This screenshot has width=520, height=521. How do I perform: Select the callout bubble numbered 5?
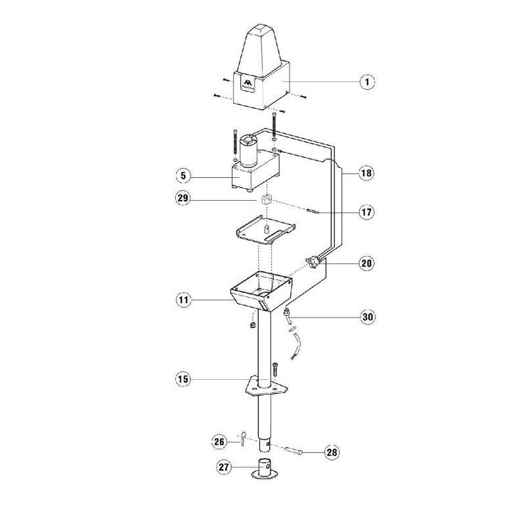tap(184, 175)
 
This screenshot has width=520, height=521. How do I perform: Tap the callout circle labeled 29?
tap(184, 198)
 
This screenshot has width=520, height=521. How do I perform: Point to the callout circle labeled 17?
tap(366, 212)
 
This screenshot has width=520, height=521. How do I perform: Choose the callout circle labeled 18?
tap(366, 173)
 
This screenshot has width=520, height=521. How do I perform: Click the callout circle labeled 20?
tap(366, 264)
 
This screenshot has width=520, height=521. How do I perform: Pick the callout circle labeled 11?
tap(184, 301)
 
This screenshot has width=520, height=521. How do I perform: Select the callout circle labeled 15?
tap(184, 379)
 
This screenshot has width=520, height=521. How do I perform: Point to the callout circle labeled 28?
tap(332, 452)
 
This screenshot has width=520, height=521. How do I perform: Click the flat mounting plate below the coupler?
tap(266, 232)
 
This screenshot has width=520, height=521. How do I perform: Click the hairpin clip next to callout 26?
tap(244, 439)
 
